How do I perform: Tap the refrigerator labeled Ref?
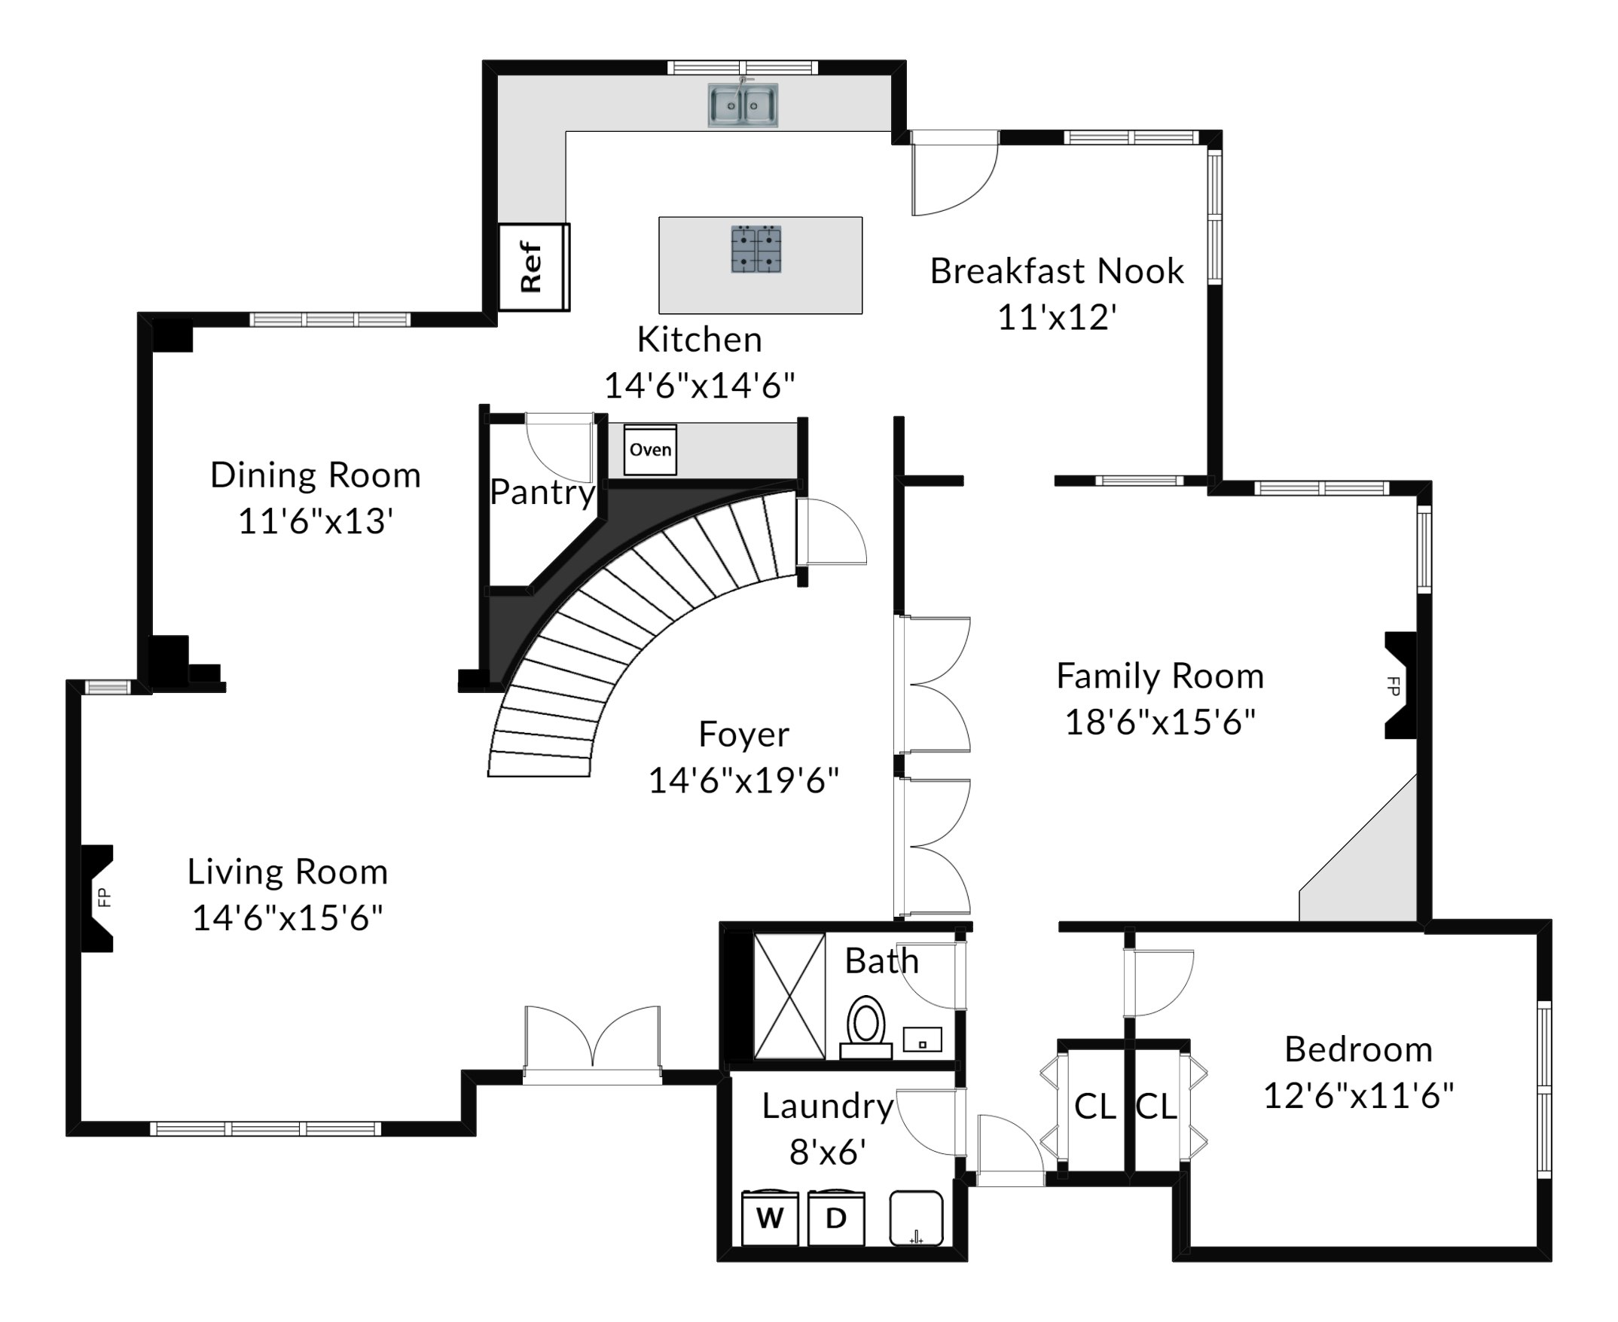pyautogui.click(x=534, y=267)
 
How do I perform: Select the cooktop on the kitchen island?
pyautogui.click(x=756, y=249)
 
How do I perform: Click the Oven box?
pyautogui.click(x=650, y=449)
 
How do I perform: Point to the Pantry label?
pyautogui.click(x=542, y=493)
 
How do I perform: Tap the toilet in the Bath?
pyautogui.click(x=865, y=1027)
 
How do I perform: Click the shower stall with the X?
pyautogui.click(x=789, y=996)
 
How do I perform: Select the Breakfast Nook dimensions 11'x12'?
pyautogui.click(x=1057, y=318)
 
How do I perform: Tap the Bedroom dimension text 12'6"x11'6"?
pyautogui.click(x=1359, y=1097)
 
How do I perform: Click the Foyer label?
pyautogui.click(x=744, y=735)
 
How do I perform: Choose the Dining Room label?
pyautogui.click(x=315, y=475)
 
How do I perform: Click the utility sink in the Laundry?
pyautogui.click(x=917, y=1219)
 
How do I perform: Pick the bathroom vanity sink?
pyautogui.click(x=922, y=1040)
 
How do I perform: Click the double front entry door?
pyautogui.click(x=592, y=1043)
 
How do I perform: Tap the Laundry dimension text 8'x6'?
pyautogui.click(x=828, y=1153)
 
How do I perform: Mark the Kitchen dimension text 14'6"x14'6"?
pyautogui.click(x=700, y=386)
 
